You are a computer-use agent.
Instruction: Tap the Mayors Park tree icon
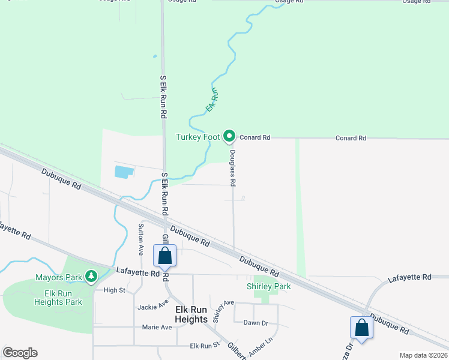(91, 277)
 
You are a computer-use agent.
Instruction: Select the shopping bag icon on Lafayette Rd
(165, 256)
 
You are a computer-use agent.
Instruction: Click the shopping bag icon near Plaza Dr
(361, 328)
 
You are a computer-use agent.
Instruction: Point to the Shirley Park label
(269, 287)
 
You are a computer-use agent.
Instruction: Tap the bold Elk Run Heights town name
(191, 314)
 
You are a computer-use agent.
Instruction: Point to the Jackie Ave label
(152, 307)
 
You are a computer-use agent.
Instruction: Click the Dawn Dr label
(255, 323)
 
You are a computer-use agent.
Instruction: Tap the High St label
(114, 290)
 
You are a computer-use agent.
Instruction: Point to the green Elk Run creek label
(212, 99)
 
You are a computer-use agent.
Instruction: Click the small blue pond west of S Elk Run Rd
(124, 172)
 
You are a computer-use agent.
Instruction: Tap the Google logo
(20, 353)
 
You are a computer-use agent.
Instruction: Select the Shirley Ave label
(224, 311)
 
